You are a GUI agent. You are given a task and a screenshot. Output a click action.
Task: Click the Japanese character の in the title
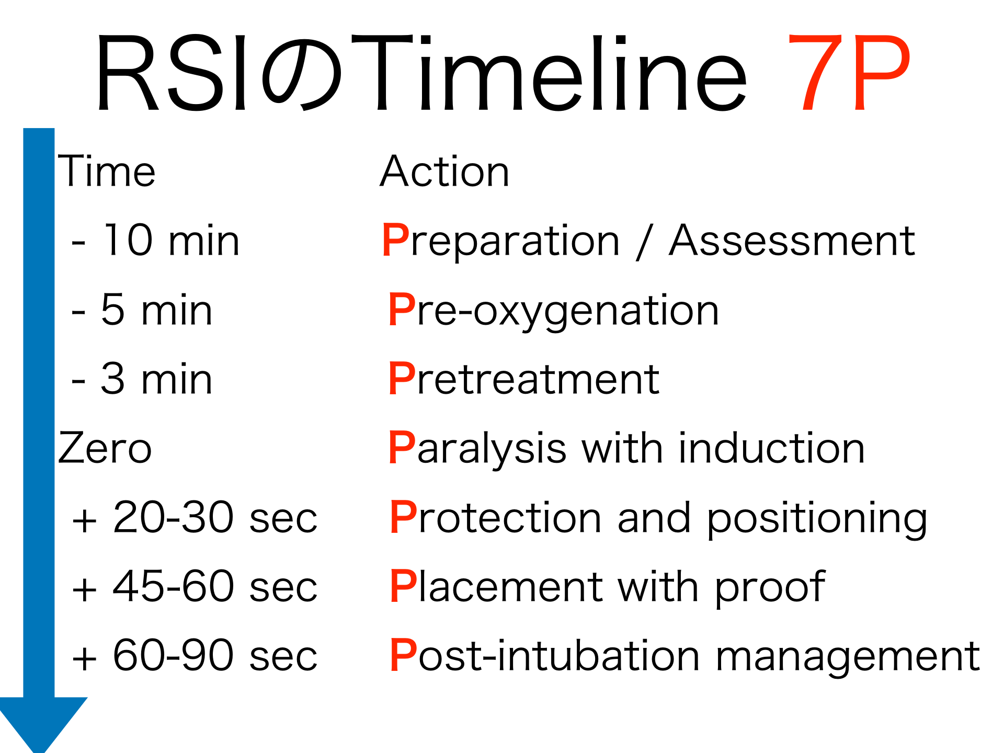[302, 73]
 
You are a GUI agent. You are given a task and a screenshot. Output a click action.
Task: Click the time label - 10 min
[155, 240]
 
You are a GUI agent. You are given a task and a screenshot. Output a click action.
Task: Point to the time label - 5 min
[142, 310]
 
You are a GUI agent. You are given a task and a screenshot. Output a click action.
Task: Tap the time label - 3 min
[142, 379]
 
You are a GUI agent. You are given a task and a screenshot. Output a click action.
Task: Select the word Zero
[105, 448]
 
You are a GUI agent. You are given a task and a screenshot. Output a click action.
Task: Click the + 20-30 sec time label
[195, 517]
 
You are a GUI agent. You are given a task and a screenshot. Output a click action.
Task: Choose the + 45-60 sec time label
[195, 586]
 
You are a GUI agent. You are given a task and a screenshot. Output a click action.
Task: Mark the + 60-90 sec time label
[195, 655]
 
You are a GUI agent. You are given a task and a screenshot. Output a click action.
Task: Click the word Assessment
[792, 241]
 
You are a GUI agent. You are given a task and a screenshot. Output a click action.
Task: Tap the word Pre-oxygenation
[554, 312]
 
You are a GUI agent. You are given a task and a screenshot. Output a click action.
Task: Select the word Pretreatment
[524, 379]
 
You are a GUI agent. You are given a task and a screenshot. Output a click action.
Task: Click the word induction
[772, 448]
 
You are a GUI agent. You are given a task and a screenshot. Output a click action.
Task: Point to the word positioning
[817, 519]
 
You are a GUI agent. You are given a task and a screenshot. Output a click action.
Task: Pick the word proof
[770, 588]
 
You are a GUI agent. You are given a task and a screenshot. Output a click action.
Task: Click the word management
[848, 657]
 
